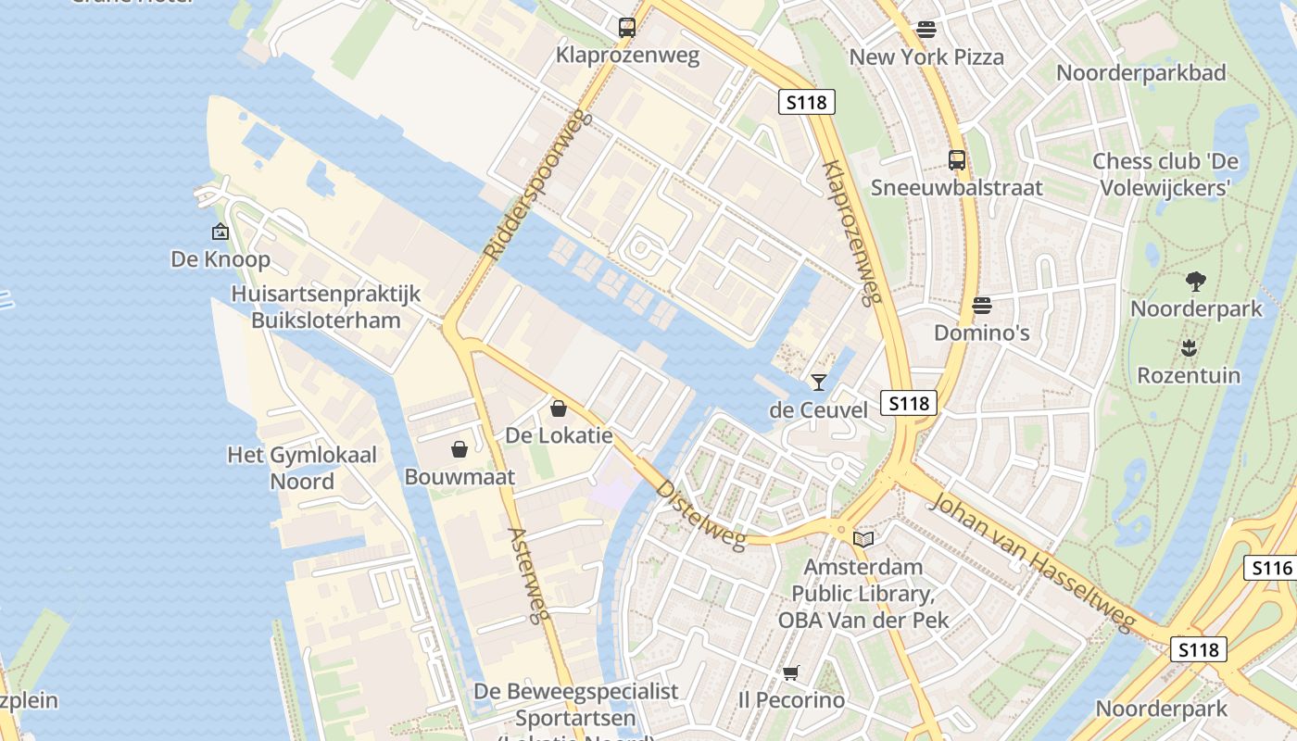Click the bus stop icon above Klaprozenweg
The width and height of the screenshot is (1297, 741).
pos(627,28)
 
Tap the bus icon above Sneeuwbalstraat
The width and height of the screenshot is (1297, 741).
pos(957,160)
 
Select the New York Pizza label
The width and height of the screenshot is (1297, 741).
pos(926,57)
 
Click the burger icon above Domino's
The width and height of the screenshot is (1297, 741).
pos(981,305)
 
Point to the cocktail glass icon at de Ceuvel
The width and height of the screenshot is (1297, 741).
pos(818,382)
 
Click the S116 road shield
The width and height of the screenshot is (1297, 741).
pos(1271,568)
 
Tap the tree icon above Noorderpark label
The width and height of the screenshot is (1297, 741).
pos(1196,282)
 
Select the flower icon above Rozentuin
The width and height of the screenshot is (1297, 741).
pos(1190,348)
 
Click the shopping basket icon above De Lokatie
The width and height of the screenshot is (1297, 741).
pos(559,408)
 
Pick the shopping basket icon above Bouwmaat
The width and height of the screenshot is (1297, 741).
pos(459,449)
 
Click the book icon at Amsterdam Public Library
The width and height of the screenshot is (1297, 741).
pos(863,539)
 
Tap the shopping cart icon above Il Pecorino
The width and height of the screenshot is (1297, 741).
pos(790,672)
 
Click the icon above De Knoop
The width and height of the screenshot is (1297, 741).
pos(220,232)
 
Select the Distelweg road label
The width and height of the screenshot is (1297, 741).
pos(701,514)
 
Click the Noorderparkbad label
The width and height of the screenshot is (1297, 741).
pos(1140,72)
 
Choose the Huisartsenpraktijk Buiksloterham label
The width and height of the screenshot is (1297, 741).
pos(326,308)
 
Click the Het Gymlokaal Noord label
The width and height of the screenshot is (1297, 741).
pos(302,468)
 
